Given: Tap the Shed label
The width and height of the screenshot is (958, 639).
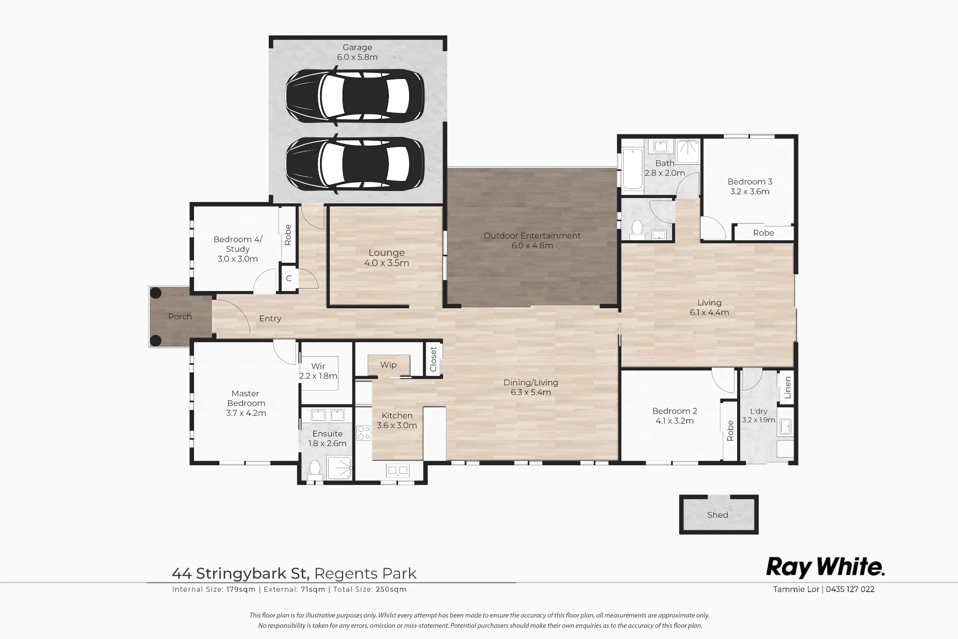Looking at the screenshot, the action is pyautogui.click(x=718, y=515).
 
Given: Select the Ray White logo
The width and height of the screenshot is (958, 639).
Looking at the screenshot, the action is pyautogui.click(x=825, y=567).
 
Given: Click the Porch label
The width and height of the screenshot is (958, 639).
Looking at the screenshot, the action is pyautogui.click(x=180, y=316).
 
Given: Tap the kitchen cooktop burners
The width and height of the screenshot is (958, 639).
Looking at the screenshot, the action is pyautogui.click(x=364, y=433).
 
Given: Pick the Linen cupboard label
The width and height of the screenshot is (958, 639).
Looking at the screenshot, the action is pyautogui.click(x=787, y=388).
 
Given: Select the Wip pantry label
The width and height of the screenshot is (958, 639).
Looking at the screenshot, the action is pyautogui.click(x=388, y=365).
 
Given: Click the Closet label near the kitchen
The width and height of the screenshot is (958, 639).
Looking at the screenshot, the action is pyautogui.click(x=433, y=359).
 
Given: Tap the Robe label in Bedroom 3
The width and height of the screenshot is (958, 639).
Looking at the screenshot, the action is pyautogui.click(x=764, y=233).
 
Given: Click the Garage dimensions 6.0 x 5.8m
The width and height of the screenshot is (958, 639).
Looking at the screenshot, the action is pyautogui.click(x=357, y=57).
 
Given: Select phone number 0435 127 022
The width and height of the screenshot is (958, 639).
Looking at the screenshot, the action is pyautogui.click(x=851, y=589).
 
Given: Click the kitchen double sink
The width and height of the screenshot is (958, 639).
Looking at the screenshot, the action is pyautogui.click(x=398, y=471).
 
